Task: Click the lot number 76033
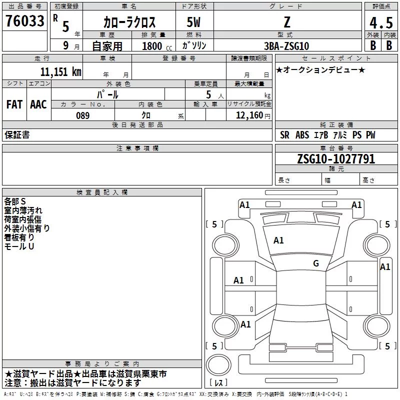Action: (25, 21)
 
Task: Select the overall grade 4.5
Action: (381, 22)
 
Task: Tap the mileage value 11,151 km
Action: (61, 71)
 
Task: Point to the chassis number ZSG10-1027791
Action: (336, 159)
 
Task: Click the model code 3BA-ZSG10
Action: (286, 46)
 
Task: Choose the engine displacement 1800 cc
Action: (157, 46)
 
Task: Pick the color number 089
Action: (83, 115)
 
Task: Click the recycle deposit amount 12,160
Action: (249, 115)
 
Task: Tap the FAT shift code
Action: (14, 104)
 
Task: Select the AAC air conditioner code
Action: (38, 104)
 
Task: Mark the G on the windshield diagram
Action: (316, 263)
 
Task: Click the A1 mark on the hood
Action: (278, 240)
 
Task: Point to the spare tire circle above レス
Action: (218, 364)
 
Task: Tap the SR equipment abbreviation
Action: (284, 135)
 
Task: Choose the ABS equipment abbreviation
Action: (302, 135)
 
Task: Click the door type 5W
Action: (193, 22)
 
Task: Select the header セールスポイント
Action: (336, 58)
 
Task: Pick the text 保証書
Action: (17, 134)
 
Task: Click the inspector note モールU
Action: (19, 246)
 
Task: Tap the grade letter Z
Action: (287, 22)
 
